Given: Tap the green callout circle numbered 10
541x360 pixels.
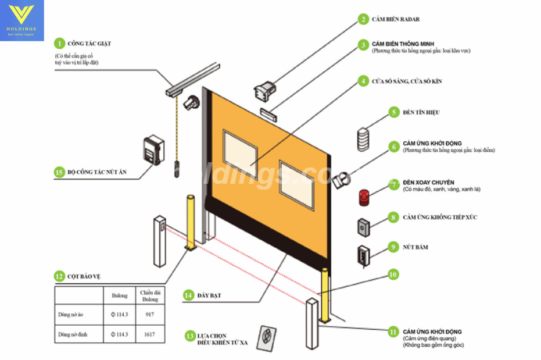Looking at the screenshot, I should [393, 274].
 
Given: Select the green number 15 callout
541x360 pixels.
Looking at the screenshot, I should [59, 172].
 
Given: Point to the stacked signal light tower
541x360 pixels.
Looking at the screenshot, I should [363, 140].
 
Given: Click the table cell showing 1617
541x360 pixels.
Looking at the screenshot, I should [150, 334].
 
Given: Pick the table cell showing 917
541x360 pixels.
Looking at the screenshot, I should [150, 315].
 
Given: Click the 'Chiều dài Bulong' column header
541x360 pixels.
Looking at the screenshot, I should [150, 295].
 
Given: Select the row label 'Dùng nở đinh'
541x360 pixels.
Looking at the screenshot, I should [73, 334].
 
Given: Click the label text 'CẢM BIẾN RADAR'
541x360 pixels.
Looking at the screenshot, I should [396, 20].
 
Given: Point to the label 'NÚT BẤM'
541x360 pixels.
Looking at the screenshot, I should [415, 247].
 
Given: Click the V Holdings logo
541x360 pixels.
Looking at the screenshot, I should [22, 20].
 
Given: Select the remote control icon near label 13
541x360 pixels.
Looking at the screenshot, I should [267, 336].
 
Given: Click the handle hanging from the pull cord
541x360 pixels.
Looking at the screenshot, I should [175, 169].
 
